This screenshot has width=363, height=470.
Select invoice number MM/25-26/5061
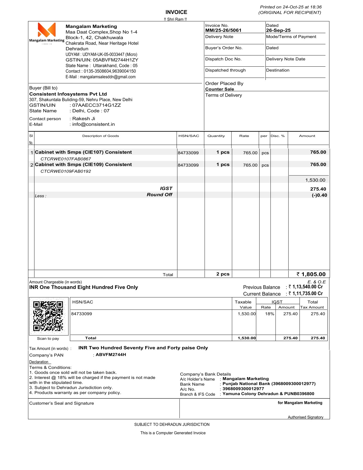tap(223, 30)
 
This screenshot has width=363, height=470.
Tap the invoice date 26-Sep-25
tap(278, 30)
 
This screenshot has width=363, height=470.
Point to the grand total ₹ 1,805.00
tap(311, 274)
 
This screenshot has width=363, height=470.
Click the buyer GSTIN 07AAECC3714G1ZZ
tap(97, 105)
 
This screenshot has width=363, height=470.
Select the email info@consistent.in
tap(93, 124)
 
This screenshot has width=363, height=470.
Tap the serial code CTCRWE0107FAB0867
tap(66, 159)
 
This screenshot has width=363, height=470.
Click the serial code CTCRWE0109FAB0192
tap(66, 171)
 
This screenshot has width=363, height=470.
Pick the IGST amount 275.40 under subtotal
tap(318, 189)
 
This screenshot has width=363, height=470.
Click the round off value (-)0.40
tap(319, 195)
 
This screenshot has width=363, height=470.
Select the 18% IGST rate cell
tap(269, 314)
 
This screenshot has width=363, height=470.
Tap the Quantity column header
tap(216, 136)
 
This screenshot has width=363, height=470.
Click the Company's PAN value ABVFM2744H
tap(111, 355)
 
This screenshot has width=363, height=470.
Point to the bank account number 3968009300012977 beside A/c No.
tap(243, 389)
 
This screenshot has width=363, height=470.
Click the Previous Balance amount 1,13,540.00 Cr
tap(307, 287)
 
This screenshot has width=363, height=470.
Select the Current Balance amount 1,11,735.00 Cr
tap(307, 293)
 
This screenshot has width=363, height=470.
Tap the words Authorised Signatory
tap(305, 417)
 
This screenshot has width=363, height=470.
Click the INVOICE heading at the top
tap(176, 12)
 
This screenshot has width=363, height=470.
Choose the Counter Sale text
tap(220, 89)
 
